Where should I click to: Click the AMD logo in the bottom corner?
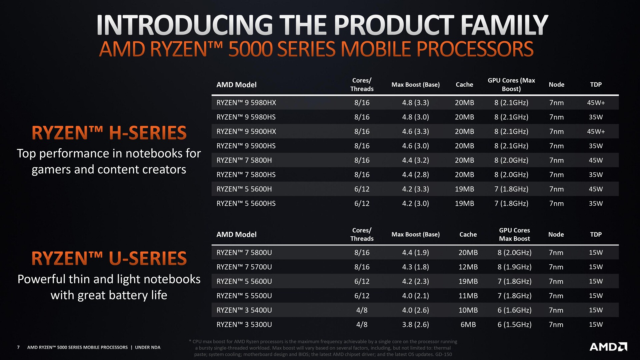608,347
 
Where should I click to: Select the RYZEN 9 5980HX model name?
246,103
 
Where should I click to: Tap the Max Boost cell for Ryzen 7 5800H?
415,160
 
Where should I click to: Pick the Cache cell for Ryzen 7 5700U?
468,267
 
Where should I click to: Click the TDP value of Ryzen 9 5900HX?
596,131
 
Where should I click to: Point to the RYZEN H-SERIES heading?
109,133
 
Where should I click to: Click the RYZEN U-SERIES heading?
109,258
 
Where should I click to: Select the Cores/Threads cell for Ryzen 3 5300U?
362,325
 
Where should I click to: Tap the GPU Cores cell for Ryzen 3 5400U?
514,310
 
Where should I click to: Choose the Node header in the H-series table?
556,85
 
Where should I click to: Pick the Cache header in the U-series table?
468,234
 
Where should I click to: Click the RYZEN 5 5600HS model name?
246,203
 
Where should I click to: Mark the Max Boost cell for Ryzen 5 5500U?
415,296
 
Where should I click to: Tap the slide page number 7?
18,347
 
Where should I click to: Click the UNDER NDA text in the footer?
148,347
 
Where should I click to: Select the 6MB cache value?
468,325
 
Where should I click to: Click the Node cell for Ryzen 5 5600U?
556,281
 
